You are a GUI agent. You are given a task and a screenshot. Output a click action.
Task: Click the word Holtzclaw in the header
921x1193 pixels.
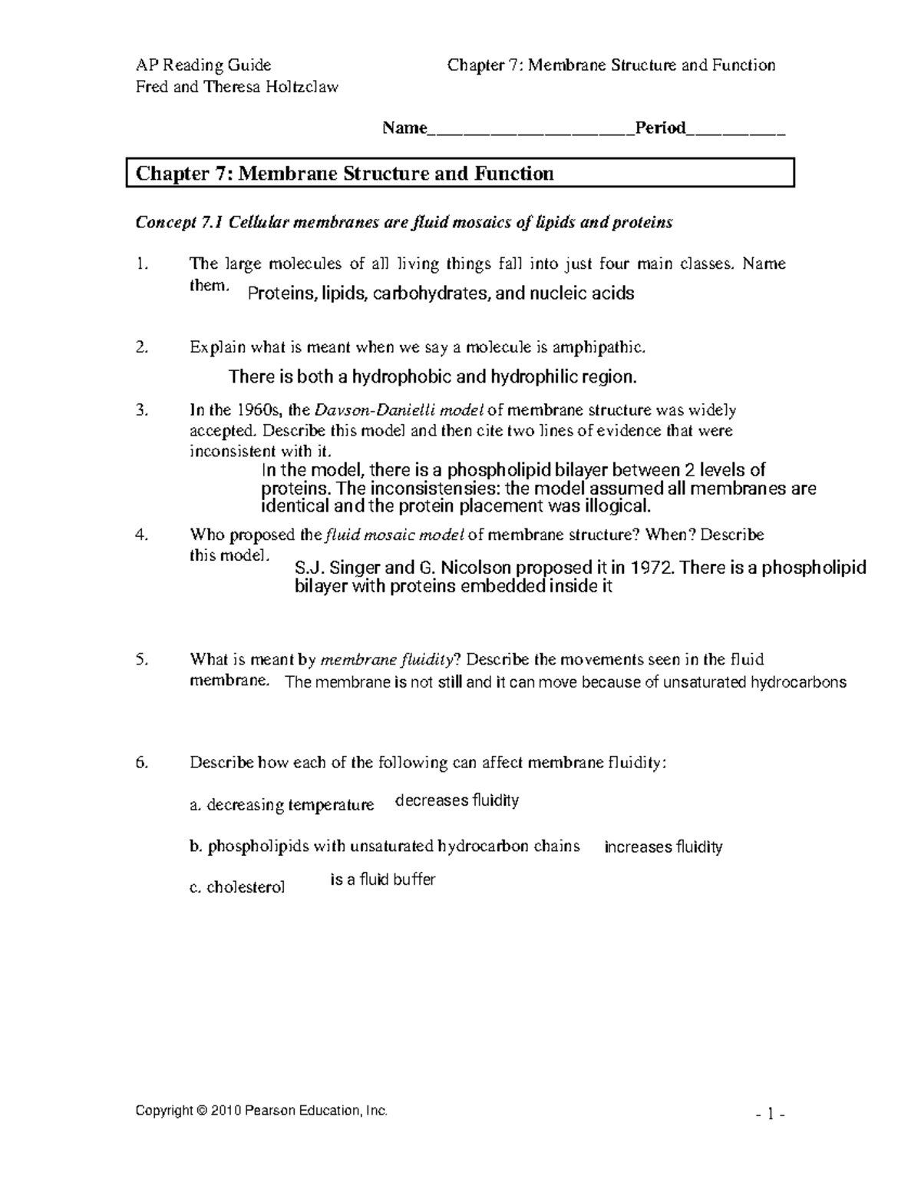[302, 87]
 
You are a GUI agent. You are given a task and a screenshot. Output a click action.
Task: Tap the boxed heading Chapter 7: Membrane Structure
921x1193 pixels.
[345, 174]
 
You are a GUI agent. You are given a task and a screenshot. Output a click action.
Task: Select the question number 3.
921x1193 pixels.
[140, 410]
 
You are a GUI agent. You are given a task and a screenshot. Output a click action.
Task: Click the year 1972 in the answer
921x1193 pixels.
[652, 568]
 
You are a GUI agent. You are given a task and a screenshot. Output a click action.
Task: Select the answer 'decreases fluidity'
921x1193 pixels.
[457, 801]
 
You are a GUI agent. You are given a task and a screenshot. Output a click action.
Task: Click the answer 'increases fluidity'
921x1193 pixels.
[664, 847]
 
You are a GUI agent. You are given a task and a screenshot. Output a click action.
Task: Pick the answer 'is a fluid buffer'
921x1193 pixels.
[383, 880]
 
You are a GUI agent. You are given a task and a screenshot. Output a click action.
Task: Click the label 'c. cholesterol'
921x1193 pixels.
[237, 887]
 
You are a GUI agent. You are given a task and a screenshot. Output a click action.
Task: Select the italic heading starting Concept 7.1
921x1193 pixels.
[404, 223]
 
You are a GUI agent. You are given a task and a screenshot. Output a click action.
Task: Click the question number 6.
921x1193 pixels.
[140, 763]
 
